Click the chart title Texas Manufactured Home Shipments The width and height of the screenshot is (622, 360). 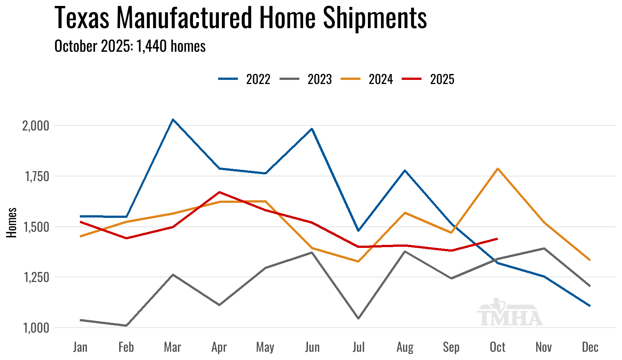pyautogui.click(x=241, y=18)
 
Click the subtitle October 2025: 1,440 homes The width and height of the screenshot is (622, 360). pyautogui.click(x=130, y=46)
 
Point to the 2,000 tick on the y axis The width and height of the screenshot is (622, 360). pyautogui.click(x=36, y=126)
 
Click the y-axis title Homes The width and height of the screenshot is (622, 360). pyautogui.click(x=12, y=223)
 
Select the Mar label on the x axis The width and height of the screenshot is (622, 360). pyautogui.click(x=172, y=347)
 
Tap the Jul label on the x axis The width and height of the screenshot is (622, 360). pyautogui.click(x=358, y=347)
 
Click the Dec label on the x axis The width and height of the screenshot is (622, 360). pyautogui.click(x=590, y=347)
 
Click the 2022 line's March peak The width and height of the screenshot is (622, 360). pyautogui.click(x=172, y=120)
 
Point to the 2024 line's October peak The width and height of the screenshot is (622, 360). pyautogui.click(x=498, y=168)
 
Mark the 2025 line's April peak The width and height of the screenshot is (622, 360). pyautogui.click(x=219, y=192)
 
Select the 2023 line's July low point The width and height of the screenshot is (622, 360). pyautogui.click(x=359, y=318)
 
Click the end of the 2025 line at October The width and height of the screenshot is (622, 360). pyautogui.click(x=497, y=238)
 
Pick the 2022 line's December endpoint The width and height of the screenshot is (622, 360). pyautogui.click(x=590, y=306)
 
